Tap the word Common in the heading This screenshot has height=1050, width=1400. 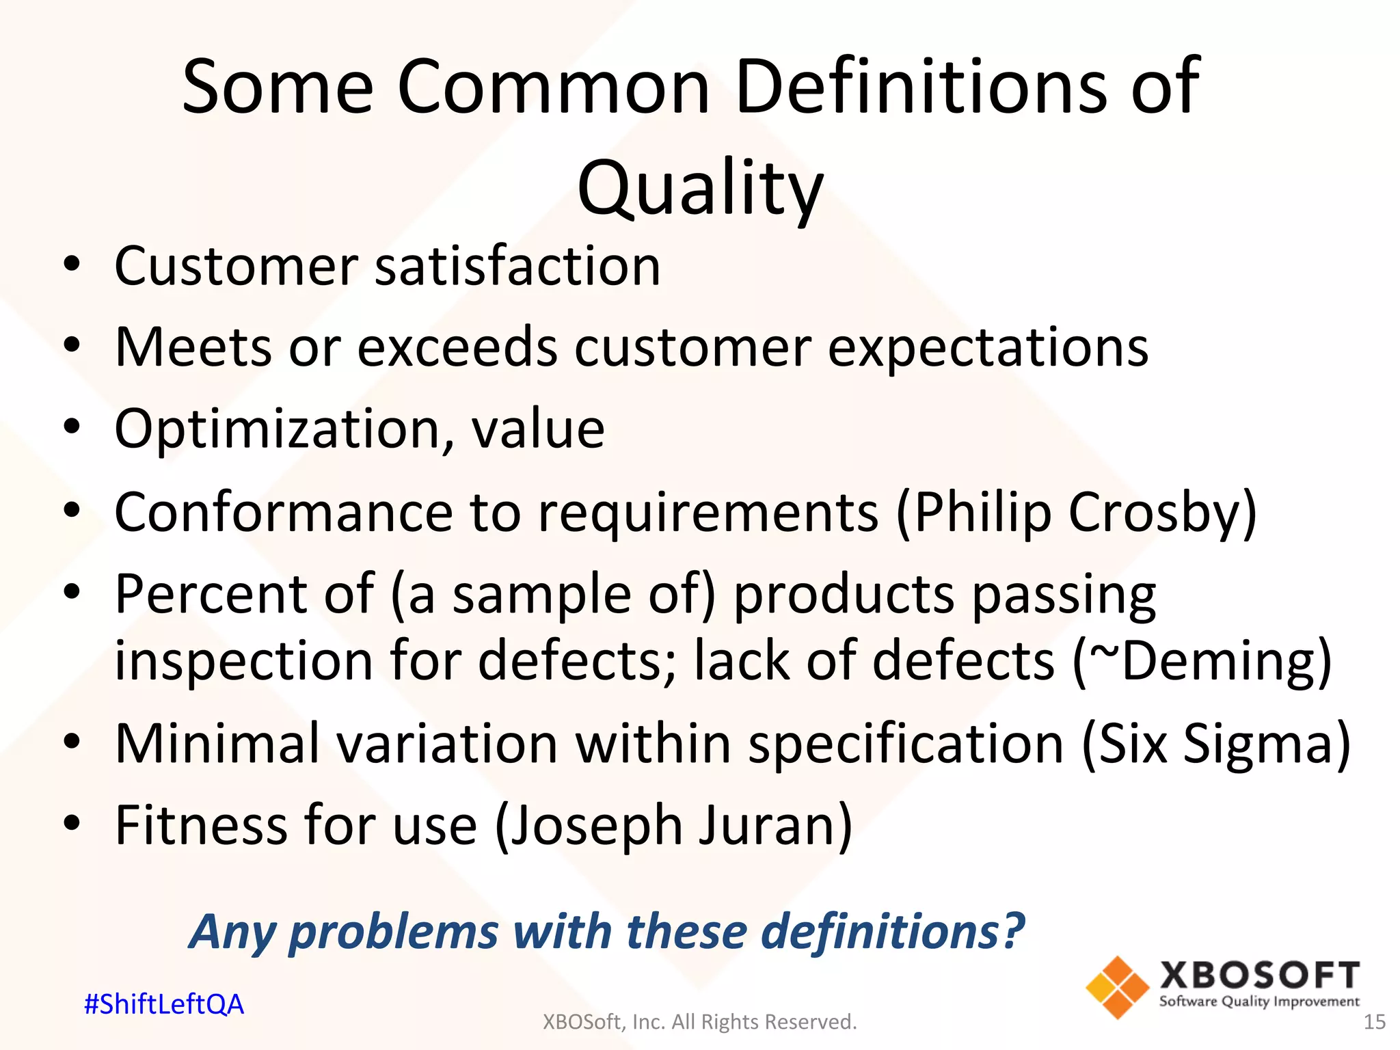point(554,87)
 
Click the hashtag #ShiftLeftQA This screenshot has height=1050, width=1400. point(163,1004)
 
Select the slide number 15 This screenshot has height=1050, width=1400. point(1374,1022)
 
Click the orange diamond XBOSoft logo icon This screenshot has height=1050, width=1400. point(1117,988)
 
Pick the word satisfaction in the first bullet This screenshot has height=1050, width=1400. point(517,266)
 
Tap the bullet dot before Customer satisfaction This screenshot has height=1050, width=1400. point(72,265)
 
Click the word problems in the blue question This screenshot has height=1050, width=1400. point(394,932)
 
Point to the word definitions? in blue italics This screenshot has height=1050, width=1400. point(893,931)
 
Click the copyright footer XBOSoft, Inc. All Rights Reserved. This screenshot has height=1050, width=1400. point(699,1022)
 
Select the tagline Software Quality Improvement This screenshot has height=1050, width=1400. point(1259,1001)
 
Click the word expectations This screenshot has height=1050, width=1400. point(988,347)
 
